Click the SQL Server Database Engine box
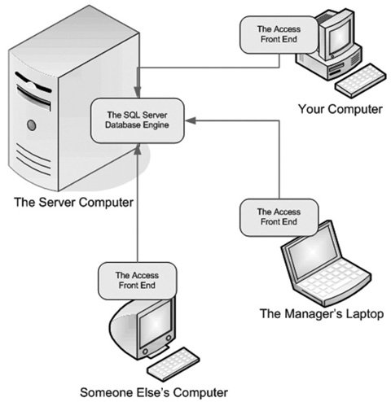[138, 120]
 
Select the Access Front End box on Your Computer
[279, 34]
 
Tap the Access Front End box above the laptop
[279, 217]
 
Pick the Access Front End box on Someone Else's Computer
[137, 281]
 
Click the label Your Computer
[340, 109]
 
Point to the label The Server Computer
[73, 203]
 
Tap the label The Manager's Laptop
[322, 313]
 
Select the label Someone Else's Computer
[154, 392]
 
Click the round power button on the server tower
[32, 125]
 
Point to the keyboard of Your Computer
[360, 81]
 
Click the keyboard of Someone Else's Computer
[174, 365]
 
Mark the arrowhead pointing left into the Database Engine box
[191, 120]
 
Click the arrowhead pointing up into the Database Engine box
[138, 149]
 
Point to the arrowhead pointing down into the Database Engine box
[138, 92]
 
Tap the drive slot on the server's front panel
[33, 96]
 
